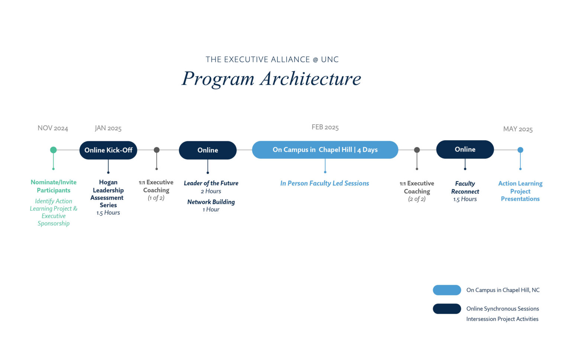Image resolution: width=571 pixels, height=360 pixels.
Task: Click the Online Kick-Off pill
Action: (x=108, y=150)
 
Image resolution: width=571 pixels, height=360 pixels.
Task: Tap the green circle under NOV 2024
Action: (x=54, y=150)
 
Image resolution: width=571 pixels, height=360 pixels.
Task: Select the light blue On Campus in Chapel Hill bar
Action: (x=325, y=150)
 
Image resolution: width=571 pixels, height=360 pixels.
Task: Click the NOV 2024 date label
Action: (x=53, y=128)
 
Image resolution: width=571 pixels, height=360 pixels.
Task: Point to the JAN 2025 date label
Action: (x=108, y=128)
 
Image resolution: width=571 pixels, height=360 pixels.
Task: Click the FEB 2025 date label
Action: (x=325, y=128)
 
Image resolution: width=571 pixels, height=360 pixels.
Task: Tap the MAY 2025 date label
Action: (x=518, y=129)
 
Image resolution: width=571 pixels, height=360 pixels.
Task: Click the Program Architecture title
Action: (x=271, y=79)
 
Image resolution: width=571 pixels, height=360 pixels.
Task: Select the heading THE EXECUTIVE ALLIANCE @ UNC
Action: (x=272, y=60)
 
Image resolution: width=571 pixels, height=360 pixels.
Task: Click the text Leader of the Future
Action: (x=211, y=183)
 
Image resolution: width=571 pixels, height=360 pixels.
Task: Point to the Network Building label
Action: (x=211, y=202)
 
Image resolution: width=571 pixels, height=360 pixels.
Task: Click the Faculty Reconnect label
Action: (x=465, y=187)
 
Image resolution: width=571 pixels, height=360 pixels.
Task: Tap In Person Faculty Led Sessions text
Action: (x=325, y=183)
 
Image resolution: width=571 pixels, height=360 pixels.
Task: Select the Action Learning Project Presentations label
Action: (x=520, y=191)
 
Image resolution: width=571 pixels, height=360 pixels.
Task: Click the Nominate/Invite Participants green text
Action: (x=54, y=186)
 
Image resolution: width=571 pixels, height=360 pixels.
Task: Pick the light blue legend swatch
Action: (x=447, y=290)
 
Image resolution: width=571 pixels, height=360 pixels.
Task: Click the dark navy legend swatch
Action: (x=447, y=309)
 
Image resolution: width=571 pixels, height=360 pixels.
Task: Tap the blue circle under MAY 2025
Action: (x=520, y=150)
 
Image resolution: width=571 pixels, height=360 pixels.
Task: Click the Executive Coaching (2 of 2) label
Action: (x=417, y=191)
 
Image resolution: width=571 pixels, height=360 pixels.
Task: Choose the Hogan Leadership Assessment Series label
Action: (x=108, y=194)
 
